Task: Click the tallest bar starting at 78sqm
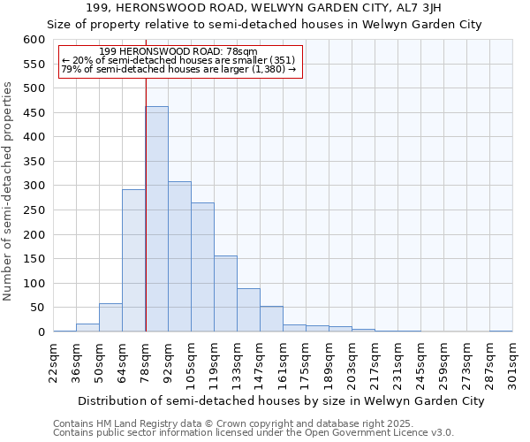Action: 157,219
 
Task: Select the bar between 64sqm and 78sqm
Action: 134,261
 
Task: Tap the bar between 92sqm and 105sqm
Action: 180,256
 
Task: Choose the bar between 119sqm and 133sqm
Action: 225,293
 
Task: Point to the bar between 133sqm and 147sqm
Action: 248,310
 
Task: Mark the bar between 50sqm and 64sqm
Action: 111,317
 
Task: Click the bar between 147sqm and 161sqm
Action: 271,319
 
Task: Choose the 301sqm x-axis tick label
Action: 512,362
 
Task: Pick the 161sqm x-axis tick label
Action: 283,362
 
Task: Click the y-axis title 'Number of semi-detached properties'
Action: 9,191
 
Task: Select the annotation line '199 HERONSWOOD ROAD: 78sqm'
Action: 178,52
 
